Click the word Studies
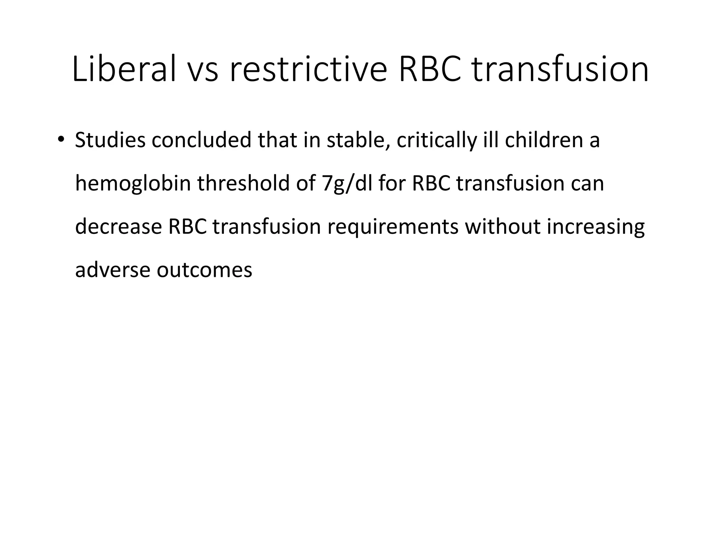(x=110, y=140)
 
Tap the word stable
(x=358, y=140)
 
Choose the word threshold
(x=243, y=184)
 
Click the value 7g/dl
(x=347, y=184)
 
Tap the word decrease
(x=118, y=227)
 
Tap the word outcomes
(x=205, y=270)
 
